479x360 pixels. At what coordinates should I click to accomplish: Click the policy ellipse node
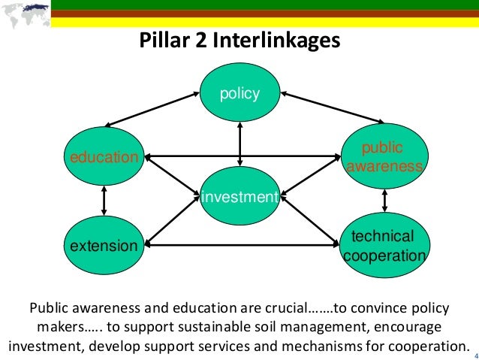coord(239,95)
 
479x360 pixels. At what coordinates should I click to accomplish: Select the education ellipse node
coord(104,157)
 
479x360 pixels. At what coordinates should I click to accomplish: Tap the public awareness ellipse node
coord(384,157)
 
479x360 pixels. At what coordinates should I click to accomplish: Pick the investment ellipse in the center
coord(239,197)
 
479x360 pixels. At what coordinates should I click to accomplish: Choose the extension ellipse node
coord(104,245)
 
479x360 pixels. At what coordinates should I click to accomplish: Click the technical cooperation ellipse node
coord(384,246)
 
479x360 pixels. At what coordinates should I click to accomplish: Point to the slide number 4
coord(474,346)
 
